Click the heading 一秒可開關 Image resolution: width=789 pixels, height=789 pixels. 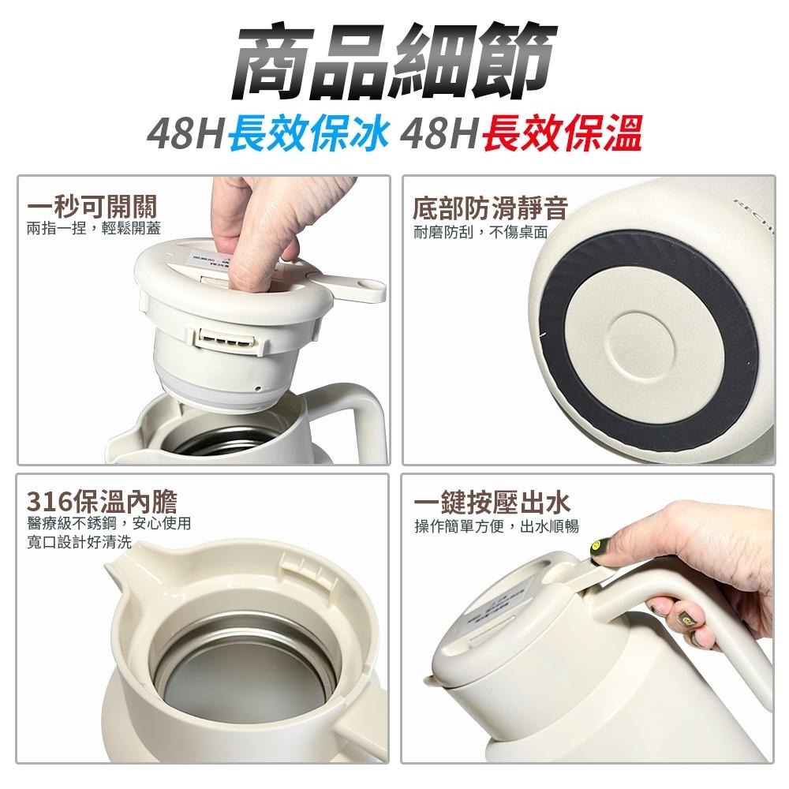[x=92, y=208]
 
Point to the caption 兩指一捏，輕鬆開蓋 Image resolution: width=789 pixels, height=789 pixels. [x=94, y=229]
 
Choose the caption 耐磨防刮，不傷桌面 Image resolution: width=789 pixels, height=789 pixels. [x=481, y=231]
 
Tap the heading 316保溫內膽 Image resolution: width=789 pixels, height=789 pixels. [x=103, y=502]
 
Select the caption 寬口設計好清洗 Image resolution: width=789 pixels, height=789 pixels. [x=79, y=544]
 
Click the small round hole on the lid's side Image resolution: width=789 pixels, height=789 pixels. [x=258, y=388]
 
